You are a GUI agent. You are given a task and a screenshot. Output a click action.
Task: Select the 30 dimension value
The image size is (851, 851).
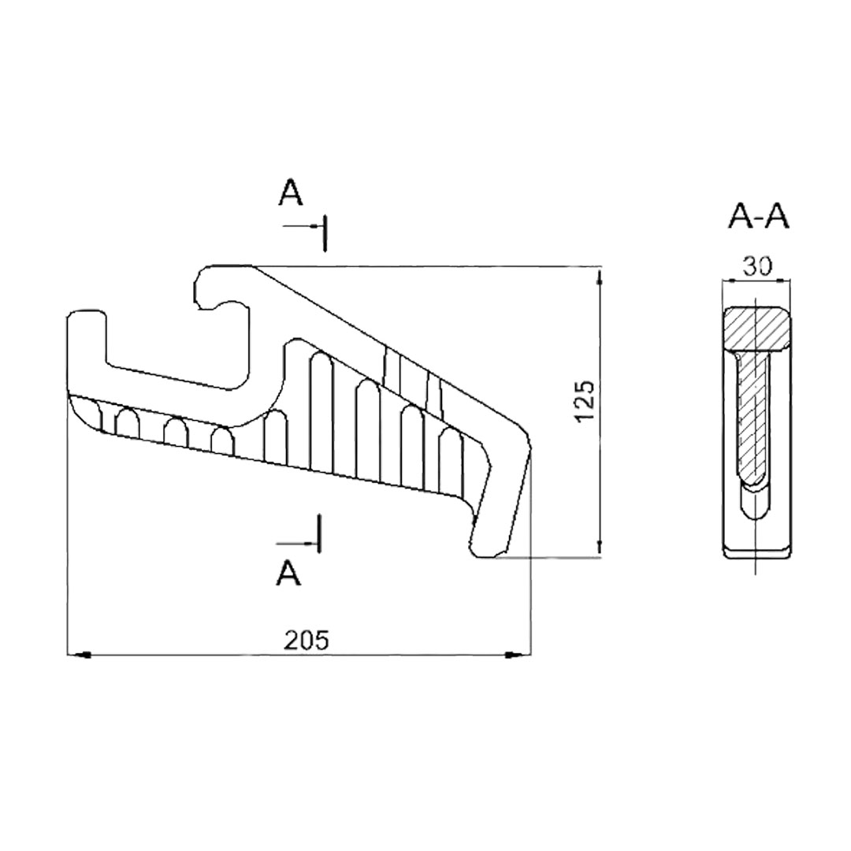(x=756, y=266)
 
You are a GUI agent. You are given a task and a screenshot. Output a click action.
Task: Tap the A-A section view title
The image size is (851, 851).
(x=758, y=217)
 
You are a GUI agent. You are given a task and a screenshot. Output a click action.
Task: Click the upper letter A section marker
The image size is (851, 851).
(x=290, y=193)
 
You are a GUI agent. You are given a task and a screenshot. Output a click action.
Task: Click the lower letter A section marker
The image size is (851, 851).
(x=288, y=573)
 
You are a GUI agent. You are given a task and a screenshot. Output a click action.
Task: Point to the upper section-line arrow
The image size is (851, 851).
(x=304, y=225)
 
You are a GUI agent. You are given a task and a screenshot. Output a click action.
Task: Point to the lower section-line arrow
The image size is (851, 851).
(x=297, y=543)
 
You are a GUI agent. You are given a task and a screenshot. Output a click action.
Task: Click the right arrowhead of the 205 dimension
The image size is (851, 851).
(x=518, y=656)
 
